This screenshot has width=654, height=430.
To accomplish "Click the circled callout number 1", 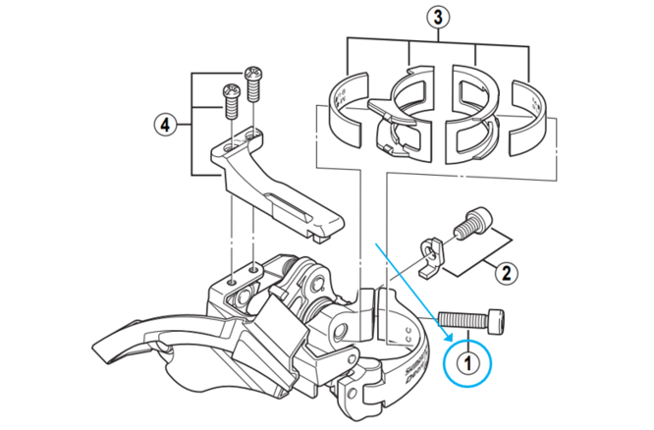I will [469, 361].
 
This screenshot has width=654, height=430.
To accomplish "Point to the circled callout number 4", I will [168, 125].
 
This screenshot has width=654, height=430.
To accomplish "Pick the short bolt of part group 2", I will [470, 223].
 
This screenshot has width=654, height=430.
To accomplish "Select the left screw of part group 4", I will [232, 100].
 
